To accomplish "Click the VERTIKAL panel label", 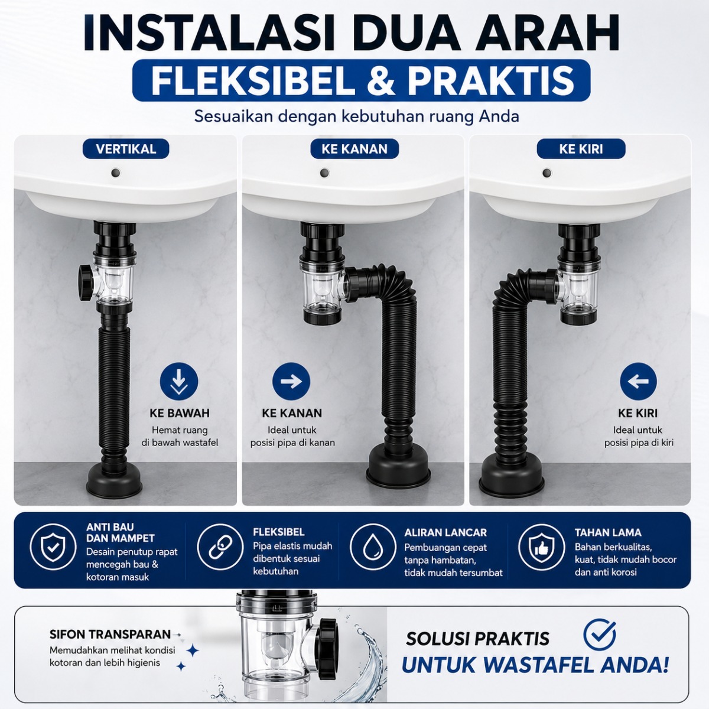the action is coord(126,149).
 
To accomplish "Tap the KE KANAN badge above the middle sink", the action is coord(354,149).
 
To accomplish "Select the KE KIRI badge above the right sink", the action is coord(581,149).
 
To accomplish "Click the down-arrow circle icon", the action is coord(179,382).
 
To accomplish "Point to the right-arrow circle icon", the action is coord(291,382).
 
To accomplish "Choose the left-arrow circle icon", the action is coord(638,382).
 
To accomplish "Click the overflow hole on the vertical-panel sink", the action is coord(116,172).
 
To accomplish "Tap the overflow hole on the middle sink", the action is coord(324,173).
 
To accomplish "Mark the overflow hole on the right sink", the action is coord(547,173).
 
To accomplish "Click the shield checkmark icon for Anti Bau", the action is coord(53,547).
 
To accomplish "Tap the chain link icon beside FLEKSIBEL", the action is coord(220,547).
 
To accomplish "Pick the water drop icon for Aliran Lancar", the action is coord(373,547).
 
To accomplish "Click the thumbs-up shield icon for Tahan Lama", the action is coord(541,547).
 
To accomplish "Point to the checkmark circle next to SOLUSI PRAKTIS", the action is coord(600,634).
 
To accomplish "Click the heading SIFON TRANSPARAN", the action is coord(110,635).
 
